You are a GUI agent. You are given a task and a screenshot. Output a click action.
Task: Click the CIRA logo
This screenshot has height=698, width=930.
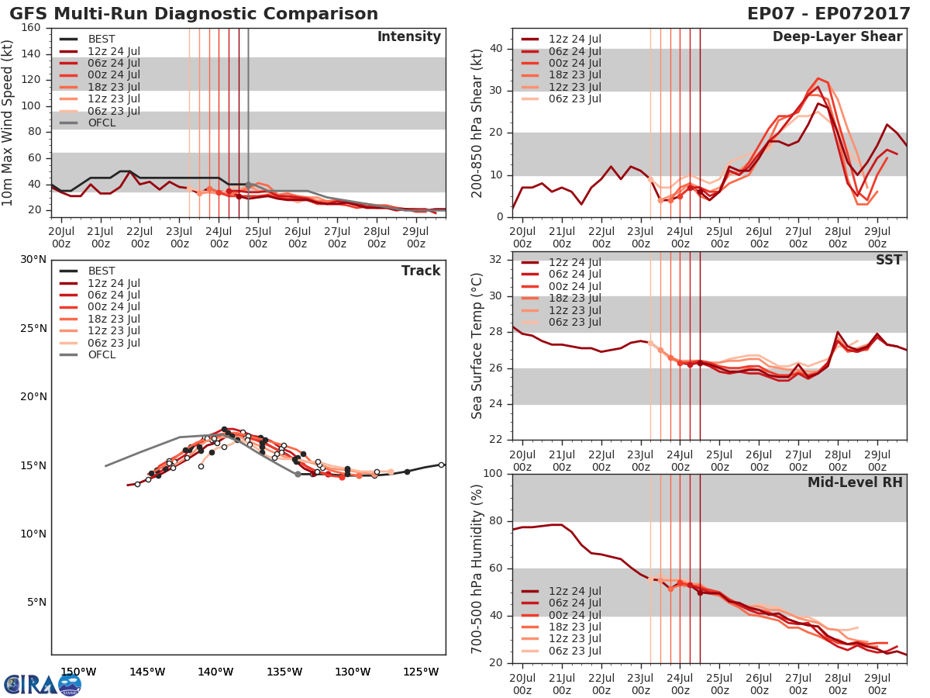(x=42, y=684)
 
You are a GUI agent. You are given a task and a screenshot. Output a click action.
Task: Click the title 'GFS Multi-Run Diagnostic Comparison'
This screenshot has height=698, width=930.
(x=194, y=14)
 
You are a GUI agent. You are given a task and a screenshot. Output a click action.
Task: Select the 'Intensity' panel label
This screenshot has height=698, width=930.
(x=408, y=37)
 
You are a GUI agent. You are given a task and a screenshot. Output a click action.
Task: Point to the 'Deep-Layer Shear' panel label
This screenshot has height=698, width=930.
(x=837, y=37)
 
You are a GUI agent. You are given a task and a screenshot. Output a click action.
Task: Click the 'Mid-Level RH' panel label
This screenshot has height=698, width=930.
(x=855, y=482)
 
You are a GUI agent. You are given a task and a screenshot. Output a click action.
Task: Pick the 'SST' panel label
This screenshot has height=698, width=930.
(x=888, y=260)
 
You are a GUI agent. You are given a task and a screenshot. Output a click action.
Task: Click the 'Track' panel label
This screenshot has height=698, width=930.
(x=421, y=271)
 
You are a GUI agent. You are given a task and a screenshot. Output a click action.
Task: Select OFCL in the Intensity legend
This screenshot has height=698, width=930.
(x=103, y=123)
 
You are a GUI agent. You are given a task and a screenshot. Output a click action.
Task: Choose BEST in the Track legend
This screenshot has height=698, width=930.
(x=102, y=271)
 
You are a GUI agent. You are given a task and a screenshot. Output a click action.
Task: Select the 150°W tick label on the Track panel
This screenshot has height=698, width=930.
(x=79, y=672)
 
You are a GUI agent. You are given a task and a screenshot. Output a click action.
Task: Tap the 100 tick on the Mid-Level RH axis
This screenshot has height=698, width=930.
(x=493, y=474)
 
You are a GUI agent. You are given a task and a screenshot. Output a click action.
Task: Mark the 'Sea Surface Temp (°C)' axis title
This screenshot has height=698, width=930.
(x=477, y=347)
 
